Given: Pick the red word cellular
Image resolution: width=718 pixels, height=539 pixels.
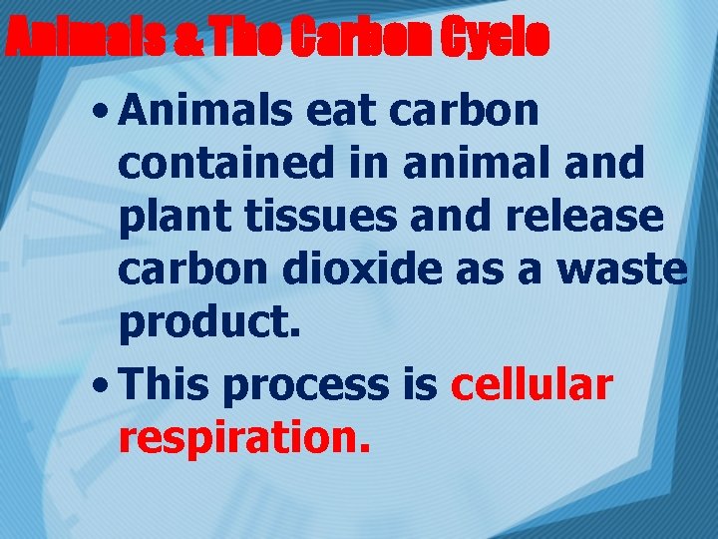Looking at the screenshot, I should point(532,383).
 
